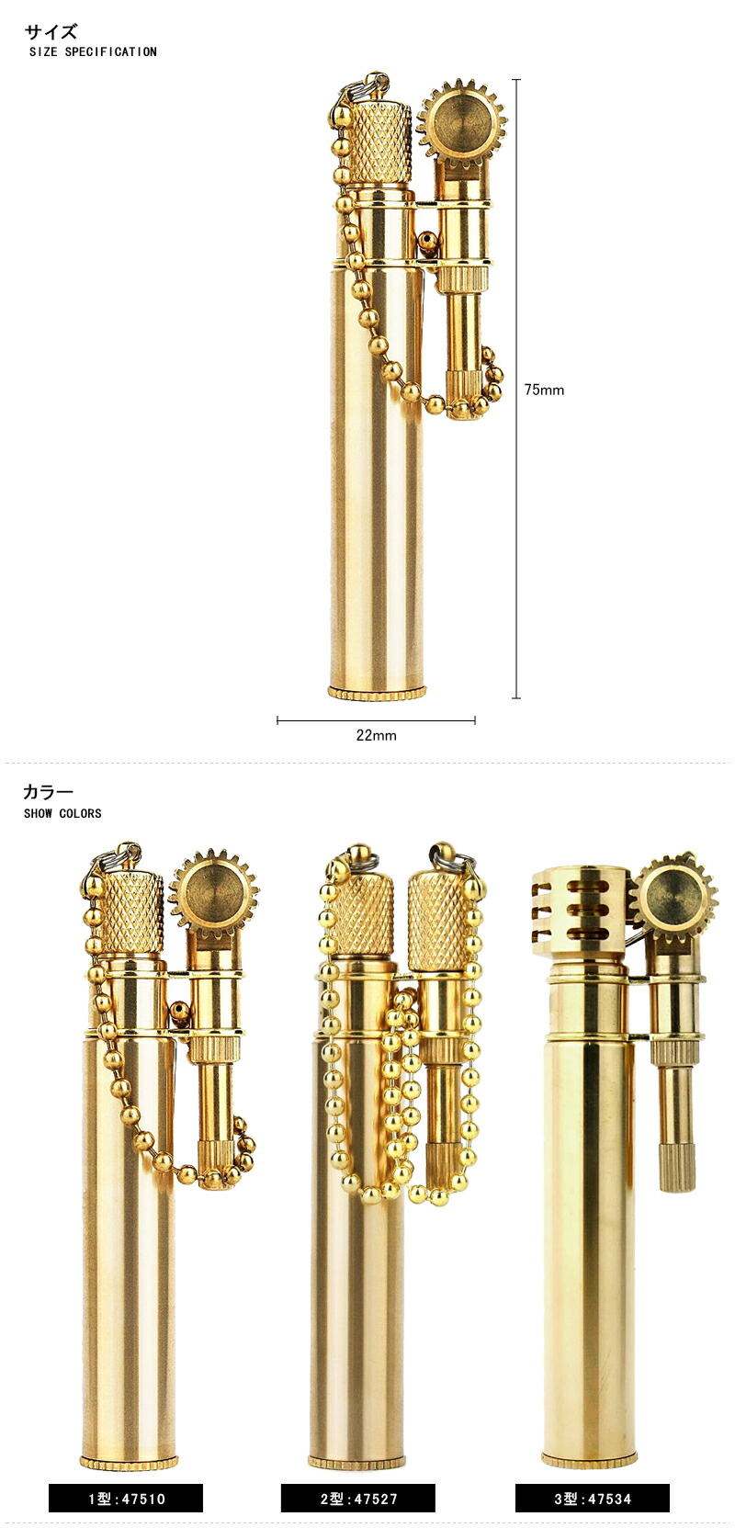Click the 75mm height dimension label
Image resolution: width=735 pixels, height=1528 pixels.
(x=544, y=390)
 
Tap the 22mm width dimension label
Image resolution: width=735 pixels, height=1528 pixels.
(x=376, y=735)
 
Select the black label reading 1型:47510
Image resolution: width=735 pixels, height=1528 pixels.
(x=126, y=1498)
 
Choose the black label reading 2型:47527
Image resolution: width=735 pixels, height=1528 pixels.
(x=358, y=1498)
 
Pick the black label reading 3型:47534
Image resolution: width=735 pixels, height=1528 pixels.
(x=592, y=1498)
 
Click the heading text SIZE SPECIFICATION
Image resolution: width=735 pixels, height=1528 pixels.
(x=94, y=51)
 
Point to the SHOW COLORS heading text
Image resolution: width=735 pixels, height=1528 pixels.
(x=62, y=813)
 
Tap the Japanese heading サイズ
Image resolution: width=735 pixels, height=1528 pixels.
(x=51, y=31)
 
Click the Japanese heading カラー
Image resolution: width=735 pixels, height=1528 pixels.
(x=49, y=792)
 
